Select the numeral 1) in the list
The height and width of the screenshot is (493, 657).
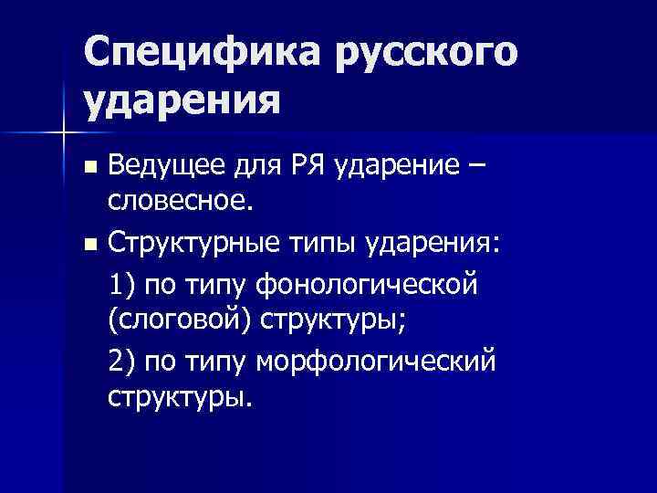122,284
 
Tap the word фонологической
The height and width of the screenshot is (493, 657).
368,284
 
